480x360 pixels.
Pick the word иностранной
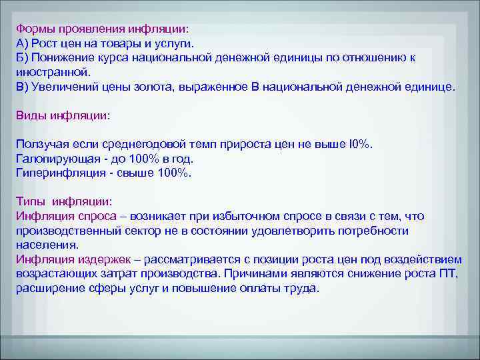[51, 72]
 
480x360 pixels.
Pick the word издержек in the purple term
[97, 259]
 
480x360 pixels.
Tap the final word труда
[303, 288]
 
